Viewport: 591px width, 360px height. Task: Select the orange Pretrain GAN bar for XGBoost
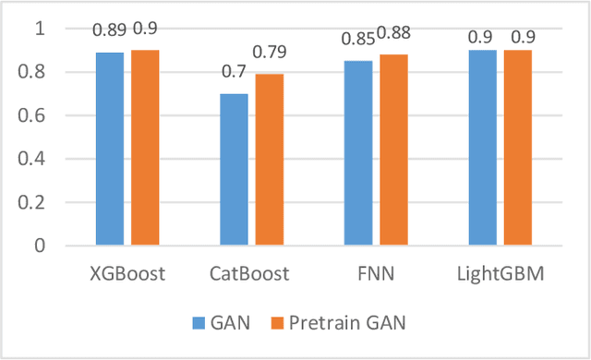click(145, 148)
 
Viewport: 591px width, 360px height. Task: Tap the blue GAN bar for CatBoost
click(235, 169)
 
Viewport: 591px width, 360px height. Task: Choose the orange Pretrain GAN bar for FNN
click(392, 150)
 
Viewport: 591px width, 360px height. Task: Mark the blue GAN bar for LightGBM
click(482, 148)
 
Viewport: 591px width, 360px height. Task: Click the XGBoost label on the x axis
click(126, 274)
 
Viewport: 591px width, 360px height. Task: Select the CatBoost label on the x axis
click(250, 274)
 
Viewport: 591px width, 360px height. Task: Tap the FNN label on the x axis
click(374, 274)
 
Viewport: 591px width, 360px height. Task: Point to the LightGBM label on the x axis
click(500, 274)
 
